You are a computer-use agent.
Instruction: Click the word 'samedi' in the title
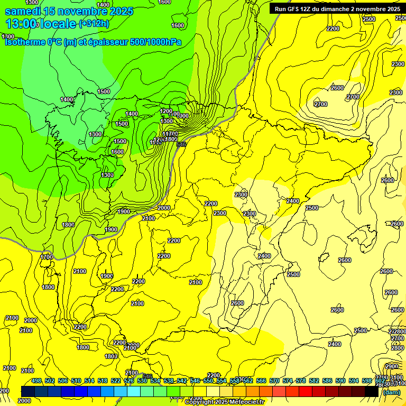coord(24,11)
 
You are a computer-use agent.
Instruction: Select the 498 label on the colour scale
coord(36,381)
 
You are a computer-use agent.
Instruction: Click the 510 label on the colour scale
coord(76,381)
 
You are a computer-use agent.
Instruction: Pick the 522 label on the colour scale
coord(116,381)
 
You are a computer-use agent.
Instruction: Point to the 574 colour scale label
coord(288,381)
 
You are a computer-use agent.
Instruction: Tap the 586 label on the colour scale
coord(327,381)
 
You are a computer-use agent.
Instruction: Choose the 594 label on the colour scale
coord(354,381)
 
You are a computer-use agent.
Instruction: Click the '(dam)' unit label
coord(391,392)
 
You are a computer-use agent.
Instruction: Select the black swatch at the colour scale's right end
coord(372,391)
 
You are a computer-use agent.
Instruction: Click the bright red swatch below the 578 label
coord(306,391)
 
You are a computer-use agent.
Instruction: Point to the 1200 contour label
coord(166,111)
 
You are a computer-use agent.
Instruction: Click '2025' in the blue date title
coord(122,11)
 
